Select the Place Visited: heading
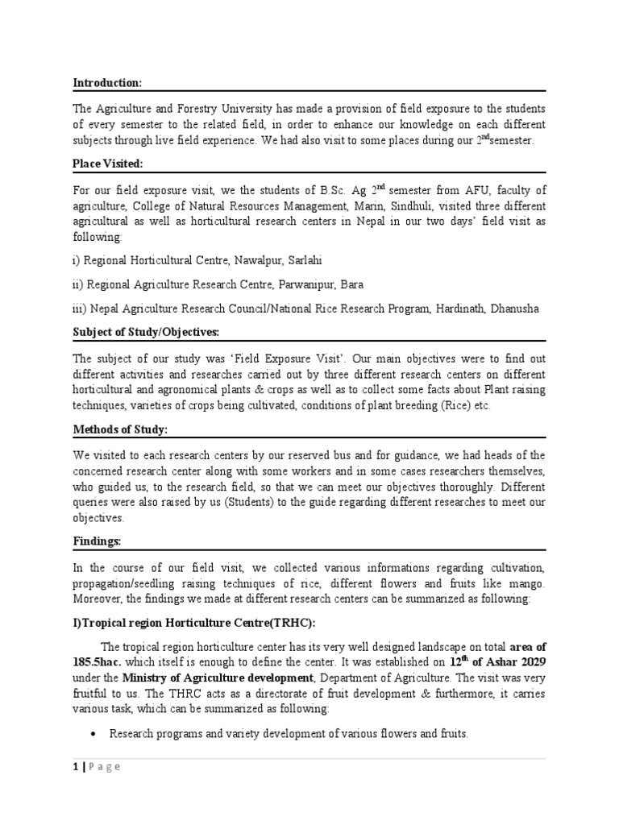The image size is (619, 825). point(109,164)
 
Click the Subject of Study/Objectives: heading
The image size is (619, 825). point(146,332)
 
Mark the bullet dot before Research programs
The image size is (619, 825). point(97,733)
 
